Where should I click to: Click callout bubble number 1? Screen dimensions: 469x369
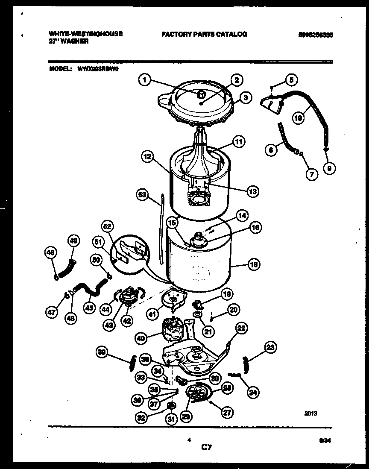[x=145, y=79]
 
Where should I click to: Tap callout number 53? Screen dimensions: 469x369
[x=142, y=195]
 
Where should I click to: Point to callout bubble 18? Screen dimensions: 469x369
[x=254, y=265]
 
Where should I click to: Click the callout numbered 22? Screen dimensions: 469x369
[x=241, y=328]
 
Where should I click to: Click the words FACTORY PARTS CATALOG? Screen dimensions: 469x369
[x=204, y=34]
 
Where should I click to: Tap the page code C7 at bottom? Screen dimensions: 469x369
[x=207, y=448]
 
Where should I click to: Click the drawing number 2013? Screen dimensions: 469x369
[x=310, y=413]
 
